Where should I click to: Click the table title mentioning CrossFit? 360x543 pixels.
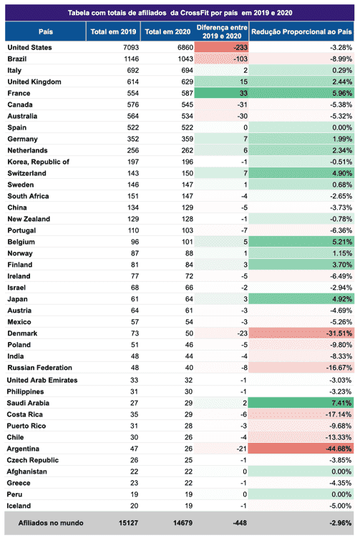click(x=180, y=13)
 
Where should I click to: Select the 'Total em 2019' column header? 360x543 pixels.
click(x=113, y=31)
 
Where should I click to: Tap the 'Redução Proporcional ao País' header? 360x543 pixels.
click(x=301, y=31)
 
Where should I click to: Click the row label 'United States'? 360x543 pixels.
click(x=29, y=47)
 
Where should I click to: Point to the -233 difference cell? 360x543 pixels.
click(x=221, y=47)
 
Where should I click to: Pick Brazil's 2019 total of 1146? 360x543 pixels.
click(x=131, y=59)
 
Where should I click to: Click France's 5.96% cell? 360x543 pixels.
click(x=301, y=93)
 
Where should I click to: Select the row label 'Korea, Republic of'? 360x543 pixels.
click(x=38, y=162)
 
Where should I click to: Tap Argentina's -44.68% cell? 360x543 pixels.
click(x=301, y=449)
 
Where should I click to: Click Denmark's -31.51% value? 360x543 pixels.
click(x=339, y=333)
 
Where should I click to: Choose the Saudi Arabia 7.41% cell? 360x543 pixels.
click(x=301, y=403)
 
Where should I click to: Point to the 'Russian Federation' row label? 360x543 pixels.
click(x=39, y=368)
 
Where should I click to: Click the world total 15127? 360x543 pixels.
click(x=128, y=523)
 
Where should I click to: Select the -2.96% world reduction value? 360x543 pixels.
click(x=340, y=523)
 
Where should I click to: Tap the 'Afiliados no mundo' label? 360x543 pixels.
click(x=51, y=523)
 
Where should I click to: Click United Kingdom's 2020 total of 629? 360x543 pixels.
click(x=187, y=82)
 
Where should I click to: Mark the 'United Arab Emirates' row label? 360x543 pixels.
click(x=42, y=380)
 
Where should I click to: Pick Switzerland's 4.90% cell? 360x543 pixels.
click(x=301, y=173)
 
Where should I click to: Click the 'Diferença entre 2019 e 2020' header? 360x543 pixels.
click(x=222, y=31)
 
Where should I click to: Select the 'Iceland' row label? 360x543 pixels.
click(x=19, y=506)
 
